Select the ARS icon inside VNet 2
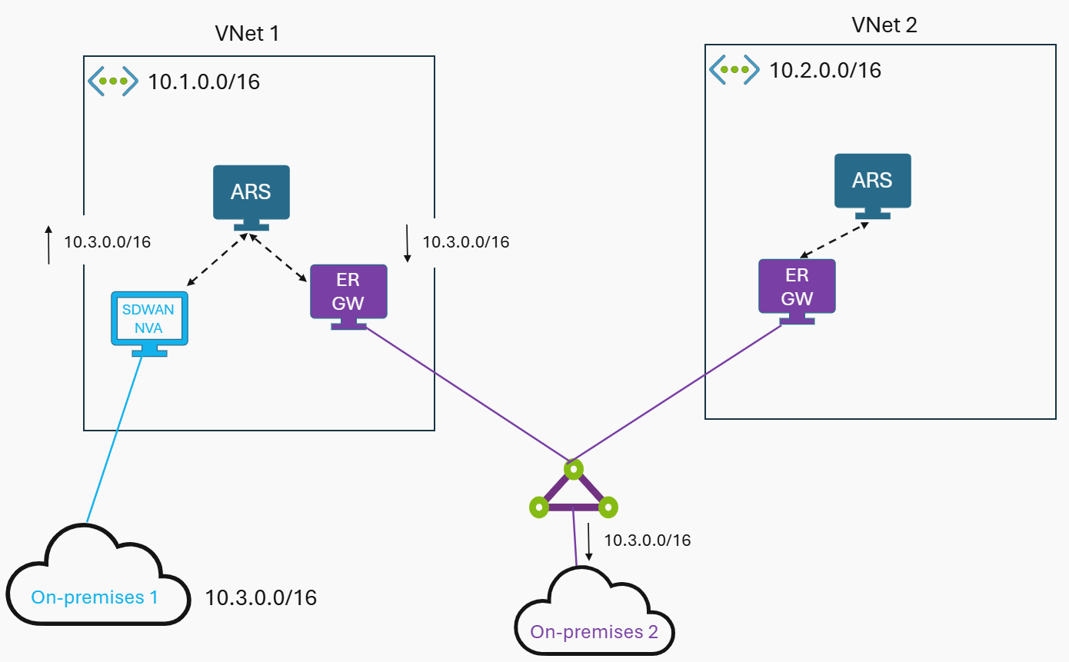(872, 181)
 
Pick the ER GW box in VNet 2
(797, 286)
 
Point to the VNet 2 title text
(884, 25)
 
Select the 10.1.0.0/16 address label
(204, 82)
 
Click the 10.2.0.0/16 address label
(825, 71)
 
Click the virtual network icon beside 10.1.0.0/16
(112, 81)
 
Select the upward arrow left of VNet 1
(48, 245)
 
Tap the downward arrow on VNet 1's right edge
(407, 244)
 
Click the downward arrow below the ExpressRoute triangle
(589, 542)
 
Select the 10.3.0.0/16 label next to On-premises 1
(261, 597)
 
